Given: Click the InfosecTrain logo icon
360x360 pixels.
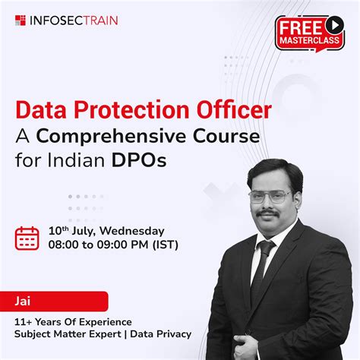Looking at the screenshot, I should point(21,21).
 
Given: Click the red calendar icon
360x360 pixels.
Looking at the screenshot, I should point(27,238).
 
